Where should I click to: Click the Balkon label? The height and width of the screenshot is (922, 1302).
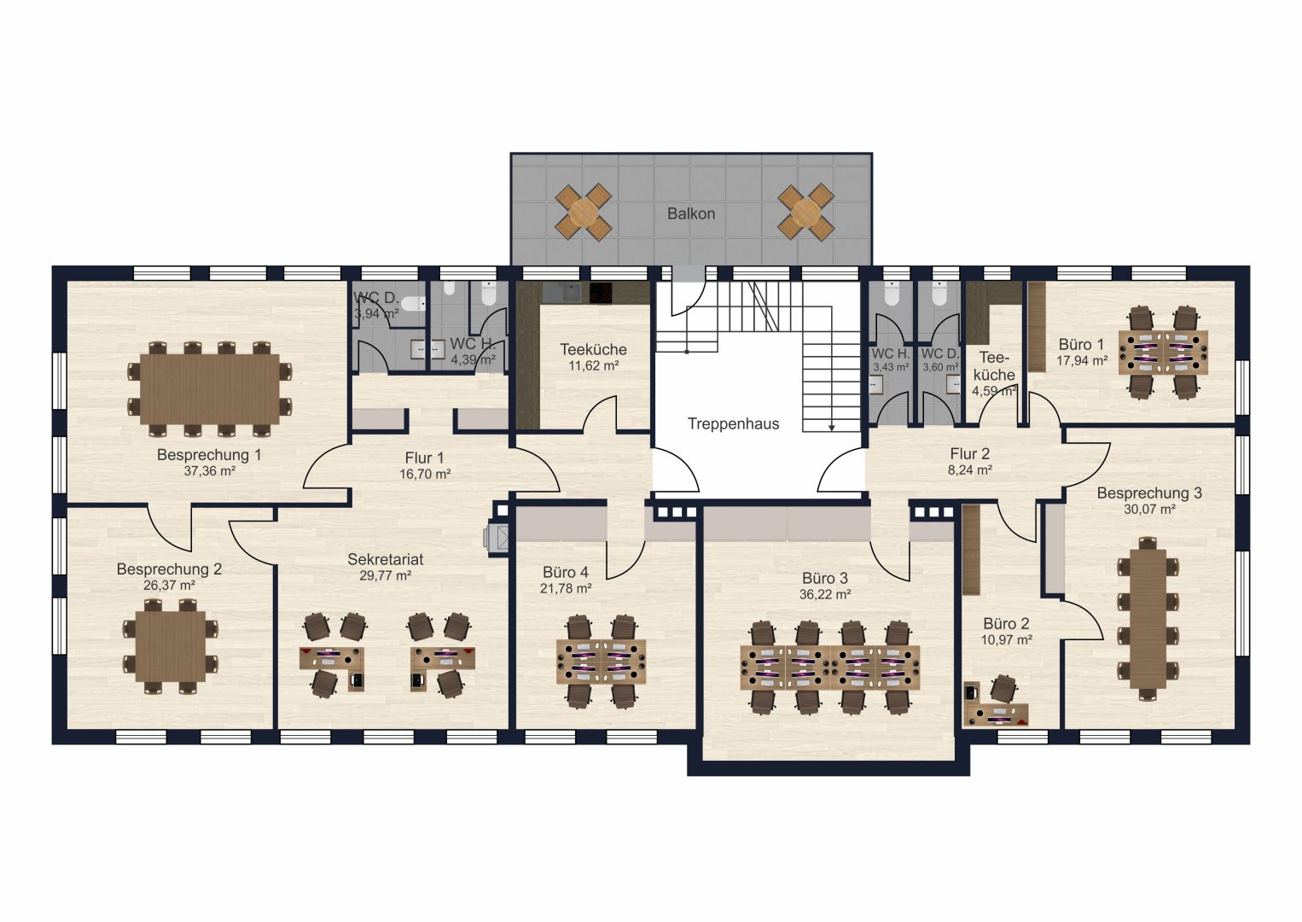[x=690, y=213]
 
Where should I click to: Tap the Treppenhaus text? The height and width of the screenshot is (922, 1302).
[x=733, y=424]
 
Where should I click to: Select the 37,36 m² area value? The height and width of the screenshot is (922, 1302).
[x=209, y=471]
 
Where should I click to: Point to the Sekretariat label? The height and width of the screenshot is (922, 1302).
[x=386, y=559]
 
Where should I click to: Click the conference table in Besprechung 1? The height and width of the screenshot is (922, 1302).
[x=209, y=389]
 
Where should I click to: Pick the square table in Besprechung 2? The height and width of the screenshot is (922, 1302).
[x=171, y=646]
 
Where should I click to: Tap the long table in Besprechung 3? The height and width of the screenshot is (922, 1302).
[x=1148, y=618]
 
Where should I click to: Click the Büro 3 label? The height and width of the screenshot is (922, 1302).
[x=825, y=578]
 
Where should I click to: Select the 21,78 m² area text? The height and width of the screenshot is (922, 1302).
[x=566, y=589]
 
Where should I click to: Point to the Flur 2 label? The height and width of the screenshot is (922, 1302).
[x=969, y=453]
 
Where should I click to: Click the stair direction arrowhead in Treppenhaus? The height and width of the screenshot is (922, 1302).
[x=832, y=429]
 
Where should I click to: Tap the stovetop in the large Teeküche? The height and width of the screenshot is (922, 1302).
[x=601, y=293]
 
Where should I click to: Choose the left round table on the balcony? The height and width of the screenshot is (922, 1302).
[x=583, y=213]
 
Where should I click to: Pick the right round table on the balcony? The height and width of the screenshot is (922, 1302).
[x=806, y=213]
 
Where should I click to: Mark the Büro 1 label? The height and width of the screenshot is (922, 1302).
[x=1081, y=344]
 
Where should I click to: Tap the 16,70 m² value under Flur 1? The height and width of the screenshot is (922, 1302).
[x=425, y=474]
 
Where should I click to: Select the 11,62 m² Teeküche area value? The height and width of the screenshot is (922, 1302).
[x=594, y=366]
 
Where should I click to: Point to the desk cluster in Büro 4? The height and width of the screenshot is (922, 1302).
[x=601, y=662]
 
